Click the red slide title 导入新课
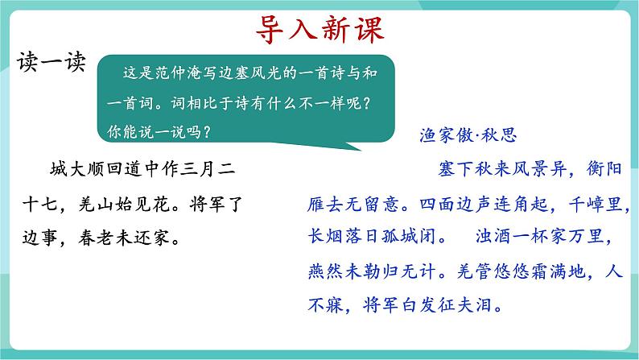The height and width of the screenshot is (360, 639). pos(320,29)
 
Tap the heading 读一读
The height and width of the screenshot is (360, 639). pos(52,62)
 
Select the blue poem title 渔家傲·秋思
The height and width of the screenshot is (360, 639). pos(468,135)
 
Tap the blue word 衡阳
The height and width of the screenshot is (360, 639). pos(604,168)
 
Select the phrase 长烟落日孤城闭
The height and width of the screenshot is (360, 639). pos(372,236)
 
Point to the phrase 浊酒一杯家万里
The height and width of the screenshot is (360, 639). pos(539,236)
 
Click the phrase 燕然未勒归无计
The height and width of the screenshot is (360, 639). pos(372,271)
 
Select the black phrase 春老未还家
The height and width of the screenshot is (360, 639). pos(123,238)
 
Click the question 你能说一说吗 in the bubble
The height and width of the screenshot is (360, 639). pos(154,132)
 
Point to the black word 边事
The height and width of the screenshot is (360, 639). pos(40,238)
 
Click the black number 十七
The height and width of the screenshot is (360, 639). pos(40,204)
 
